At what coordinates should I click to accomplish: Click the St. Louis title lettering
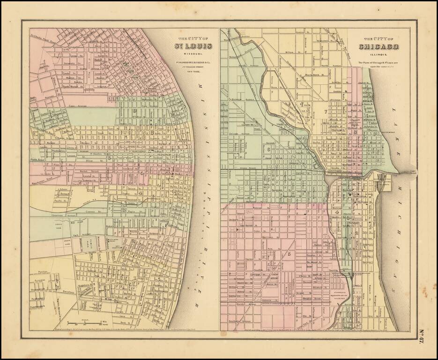tap(193, 45)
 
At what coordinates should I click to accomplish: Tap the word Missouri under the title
tap(193, 54)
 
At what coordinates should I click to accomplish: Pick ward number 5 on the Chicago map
tap(289, 254)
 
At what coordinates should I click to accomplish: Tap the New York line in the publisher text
tap(193, 71)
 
